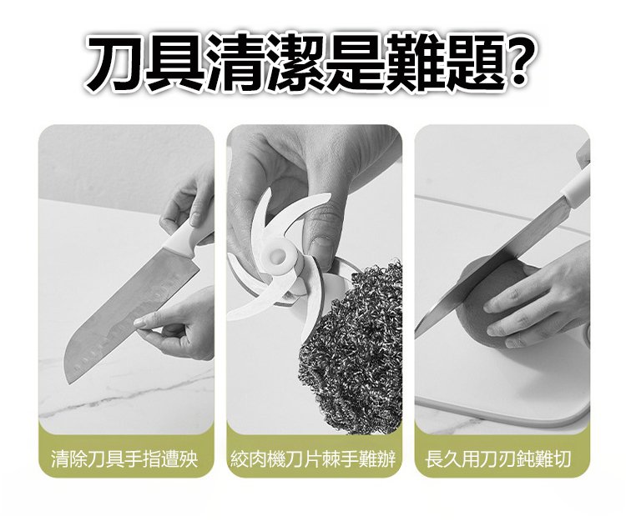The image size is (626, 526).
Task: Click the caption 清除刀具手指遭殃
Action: pos(124,459)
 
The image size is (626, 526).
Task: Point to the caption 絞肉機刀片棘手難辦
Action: pos(314,459)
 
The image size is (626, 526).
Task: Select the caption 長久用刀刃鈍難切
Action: pos(497,459)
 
